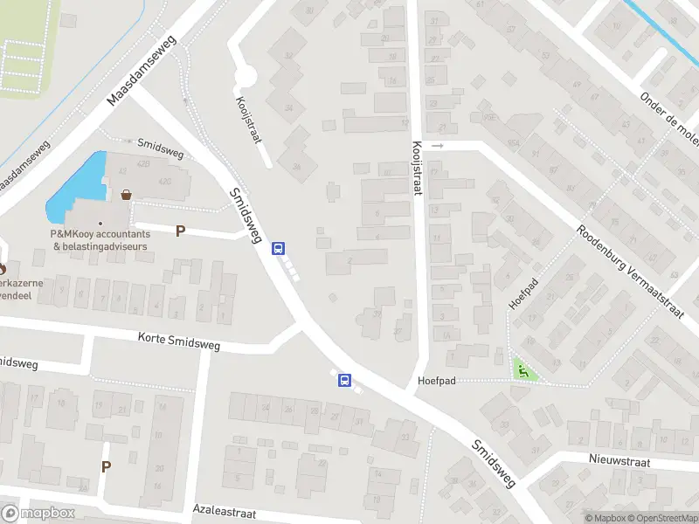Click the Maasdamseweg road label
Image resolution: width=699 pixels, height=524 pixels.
coord(142,71)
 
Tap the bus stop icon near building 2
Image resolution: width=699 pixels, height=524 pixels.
coord(279,248)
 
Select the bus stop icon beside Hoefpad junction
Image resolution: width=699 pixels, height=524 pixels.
coord(345,381)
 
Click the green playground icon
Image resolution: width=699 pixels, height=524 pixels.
coord(523,371)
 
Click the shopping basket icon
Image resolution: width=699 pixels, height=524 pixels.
coord(128,195)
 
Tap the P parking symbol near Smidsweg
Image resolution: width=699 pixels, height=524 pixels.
coord(181,231)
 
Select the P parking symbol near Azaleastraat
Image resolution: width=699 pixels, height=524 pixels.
coord(107,466)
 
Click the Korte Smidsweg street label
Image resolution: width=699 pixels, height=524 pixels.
coord(179,341)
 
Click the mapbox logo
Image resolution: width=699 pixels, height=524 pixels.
coord(38,514)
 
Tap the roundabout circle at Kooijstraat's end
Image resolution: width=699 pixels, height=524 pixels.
coord(246,77)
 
